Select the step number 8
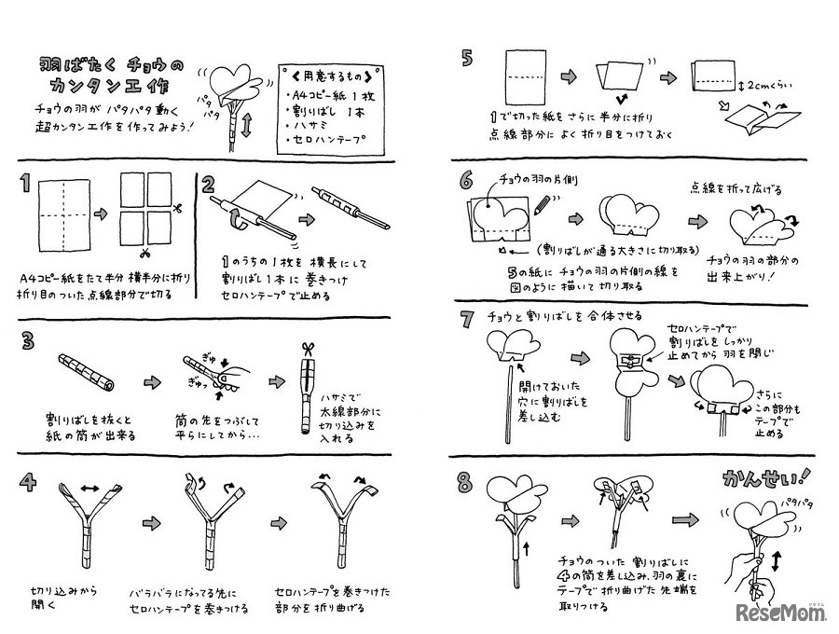click(465, 483)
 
